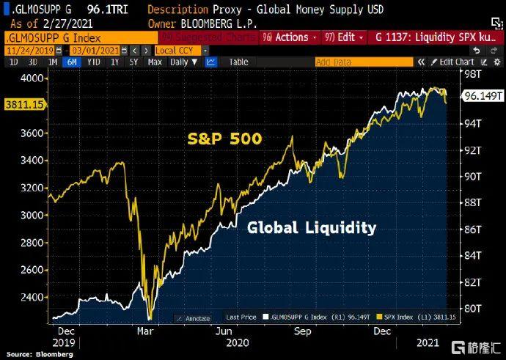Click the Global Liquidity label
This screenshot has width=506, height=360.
(x=312, y=228)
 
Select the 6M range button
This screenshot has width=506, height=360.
(x=71, y=62)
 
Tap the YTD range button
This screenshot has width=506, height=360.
(x=92, y=62)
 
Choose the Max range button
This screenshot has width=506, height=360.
(x=154, y=62)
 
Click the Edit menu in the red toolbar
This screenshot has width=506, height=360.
(x=342, y=37)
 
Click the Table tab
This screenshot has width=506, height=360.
(x=238, y=62)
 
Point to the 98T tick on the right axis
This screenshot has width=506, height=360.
(x=474, y=74)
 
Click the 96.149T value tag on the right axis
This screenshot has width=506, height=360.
(x=482, y=96)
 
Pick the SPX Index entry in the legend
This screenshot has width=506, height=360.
(x=398, y=317)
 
